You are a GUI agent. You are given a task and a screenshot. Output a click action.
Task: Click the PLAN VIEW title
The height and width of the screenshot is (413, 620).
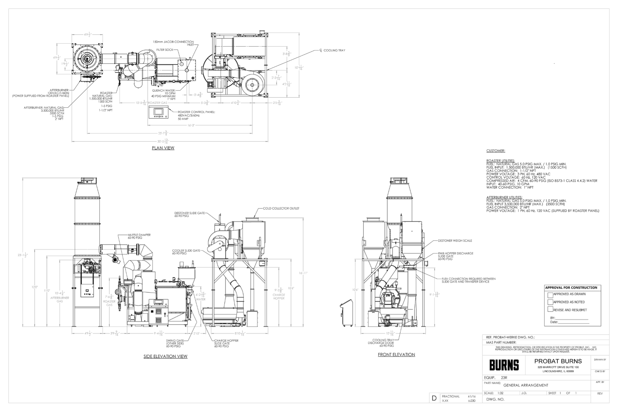tap(163, 148)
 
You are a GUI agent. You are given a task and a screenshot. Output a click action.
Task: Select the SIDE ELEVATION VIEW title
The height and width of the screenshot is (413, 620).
tap(165, 356)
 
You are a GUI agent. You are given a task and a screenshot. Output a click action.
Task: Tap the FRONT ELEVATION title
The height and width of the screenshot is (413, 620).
tap(396, 354)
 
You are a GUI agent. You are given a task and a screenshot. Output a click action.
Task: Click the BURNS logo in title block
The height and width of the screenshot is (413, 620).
tap(504, 365)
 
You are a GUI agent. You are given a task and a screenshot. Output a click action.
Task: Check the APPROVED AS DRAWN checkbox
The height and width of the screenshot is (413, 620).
tap(550, 295)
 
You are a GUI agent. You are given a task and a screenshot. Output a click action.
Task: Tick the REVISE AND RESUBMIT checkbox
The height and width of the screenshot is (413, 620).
tap(550, 309)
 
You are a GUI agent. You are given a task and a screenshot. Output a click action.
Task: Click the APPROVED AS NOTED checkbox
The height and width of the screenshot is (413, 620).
tap(550, 302)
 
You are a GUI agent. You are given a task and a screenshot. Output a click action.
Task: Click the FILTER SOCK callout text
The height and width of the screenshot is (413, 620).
tap(165, 50)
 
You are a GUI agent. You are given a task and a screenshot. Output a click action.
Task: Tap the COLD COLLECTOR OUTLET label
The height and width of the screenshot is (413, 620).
tap(281, 208)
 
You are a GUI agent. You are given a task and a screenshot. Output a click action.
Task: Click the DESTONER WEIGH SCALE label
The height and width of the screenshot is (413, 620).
tap(455, 241)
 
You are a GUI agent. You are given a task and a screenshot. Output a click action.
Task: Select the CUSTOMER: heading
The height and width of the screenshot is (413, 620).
tap(496, 151)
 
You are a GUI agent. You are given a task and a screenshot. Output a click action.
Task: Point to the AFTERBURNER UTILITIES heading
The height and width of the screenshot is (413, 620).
tap(504, 197)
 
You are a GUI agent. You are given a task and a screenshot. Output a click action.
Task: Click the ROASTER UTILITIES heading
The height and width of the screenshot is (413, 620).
tap(500, 161)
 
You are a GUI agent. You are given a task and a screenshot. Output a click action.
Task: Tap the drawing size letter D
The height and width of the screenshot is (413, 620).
tap(434, 398)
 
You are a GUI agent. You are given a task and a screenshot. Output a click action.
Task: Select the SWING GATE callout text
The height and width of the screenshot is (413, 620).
tap(175, 343)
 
